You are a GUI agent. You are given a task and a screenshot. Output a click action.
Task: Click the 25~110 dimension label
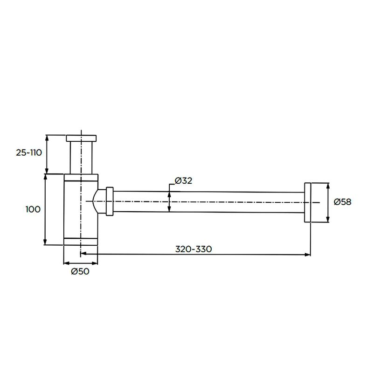(x=29, y=152)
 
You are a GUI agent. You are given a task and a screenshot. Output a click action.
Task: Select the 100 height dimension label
(x=33, y=209)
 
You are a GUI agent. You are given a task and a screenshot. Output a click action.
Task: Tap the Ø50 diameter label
(x=80, y=271)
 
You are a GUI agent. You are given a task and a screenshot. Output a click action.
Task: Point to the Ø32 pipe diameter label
(x=183, y=181)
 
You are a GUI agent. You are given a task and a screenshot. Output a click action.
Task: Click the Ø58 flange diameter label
(x=342, y=202)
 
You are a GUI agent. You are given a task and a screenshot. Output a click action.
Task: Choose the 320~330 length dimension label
(x=193, y=249)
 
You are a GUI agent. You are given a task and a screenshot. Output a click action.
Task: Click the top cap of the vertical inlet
(x=81, y=138)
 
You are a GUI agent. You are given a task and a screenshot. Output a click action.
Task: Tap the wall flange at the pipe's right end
(x=308, y=202)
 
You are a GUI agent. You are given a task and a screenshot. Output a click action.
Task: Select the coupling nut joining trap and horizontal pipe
(x=110, y=201)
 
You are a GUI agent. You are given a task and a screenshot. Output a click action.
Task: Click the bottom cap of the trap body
(x=81, y=242)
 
